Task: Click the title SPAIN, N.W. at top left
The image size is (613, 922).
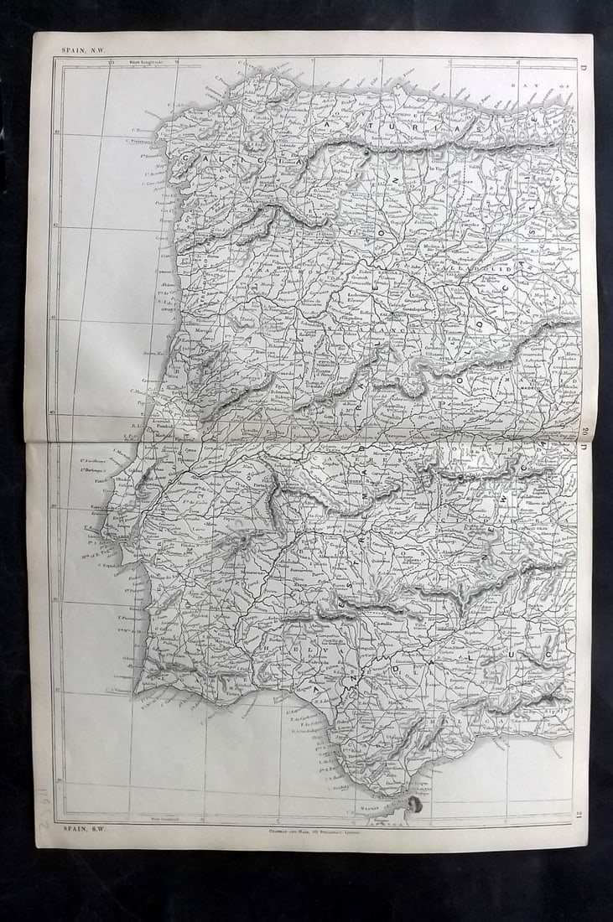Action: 78,50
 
